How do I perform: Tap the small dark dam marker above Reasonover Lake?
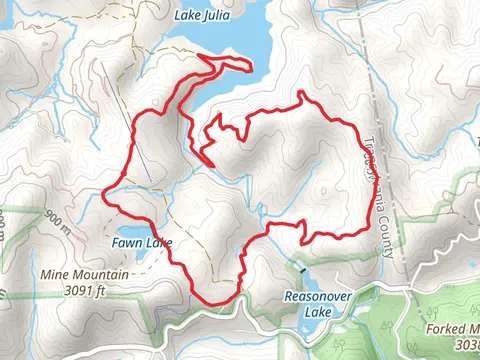click(x=299, y=267)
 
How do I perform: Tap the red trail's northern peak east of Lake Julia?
click(x=300, y=93)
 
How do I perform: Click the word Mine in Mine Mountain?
click(x=55, y=273)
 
